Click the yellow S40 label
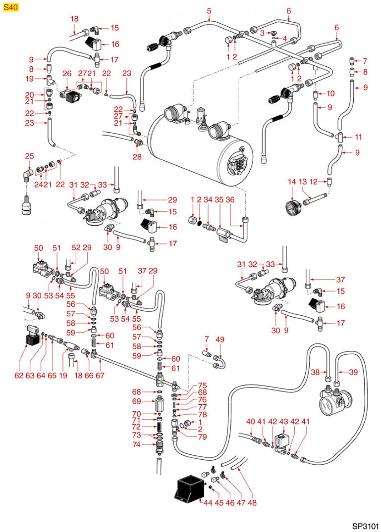tap(11, 7)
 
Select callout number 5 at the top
tap(209, 11)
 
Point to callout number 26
tap(67, 74)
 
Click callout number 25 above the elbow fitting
tap(29, 156)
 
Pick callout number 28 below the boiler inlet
tap(137, 157)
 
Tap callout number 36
tap(230, 200)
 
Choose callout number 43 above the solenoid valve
tap(283, 422)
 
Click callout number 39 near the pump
tap(353, 372)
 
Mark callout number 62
tap(19, 375)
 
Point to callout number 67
tap(100, 375)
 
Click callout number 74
tap(136, 444)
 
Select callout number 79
tap(202, 437)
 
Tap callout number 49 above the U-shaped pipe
tap(220, 339)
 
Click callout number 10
tap(331, 94)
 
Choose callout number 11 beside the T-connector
tap(358, 137)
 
